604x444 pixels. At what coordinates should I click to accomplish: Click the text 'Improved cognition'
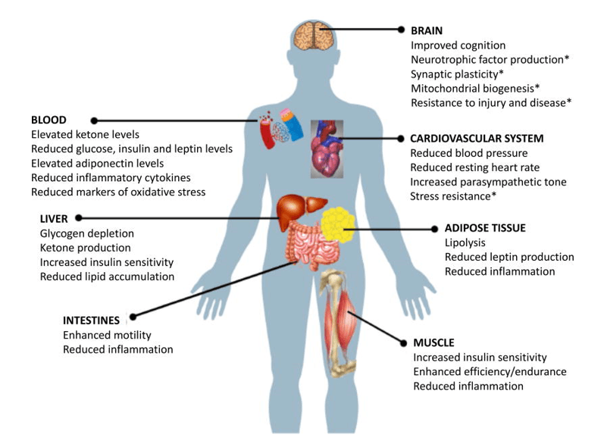(458, 45)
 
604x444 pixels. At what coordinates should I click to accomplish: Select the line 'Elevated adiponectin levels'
(97, 163)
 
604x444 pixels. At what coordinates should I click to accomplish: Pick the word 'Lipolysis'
(466, 242)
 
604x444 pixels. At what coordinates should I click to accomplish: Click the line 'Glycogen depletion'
(86, 233)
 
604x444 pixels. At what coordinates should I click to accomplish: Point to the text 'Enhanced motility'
(107, 335)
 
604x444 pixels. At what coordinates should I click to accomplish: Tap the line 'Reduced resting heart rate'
(475, 167)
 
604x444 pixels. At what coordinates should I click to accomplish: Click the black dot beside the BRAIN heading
(402, 30)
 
